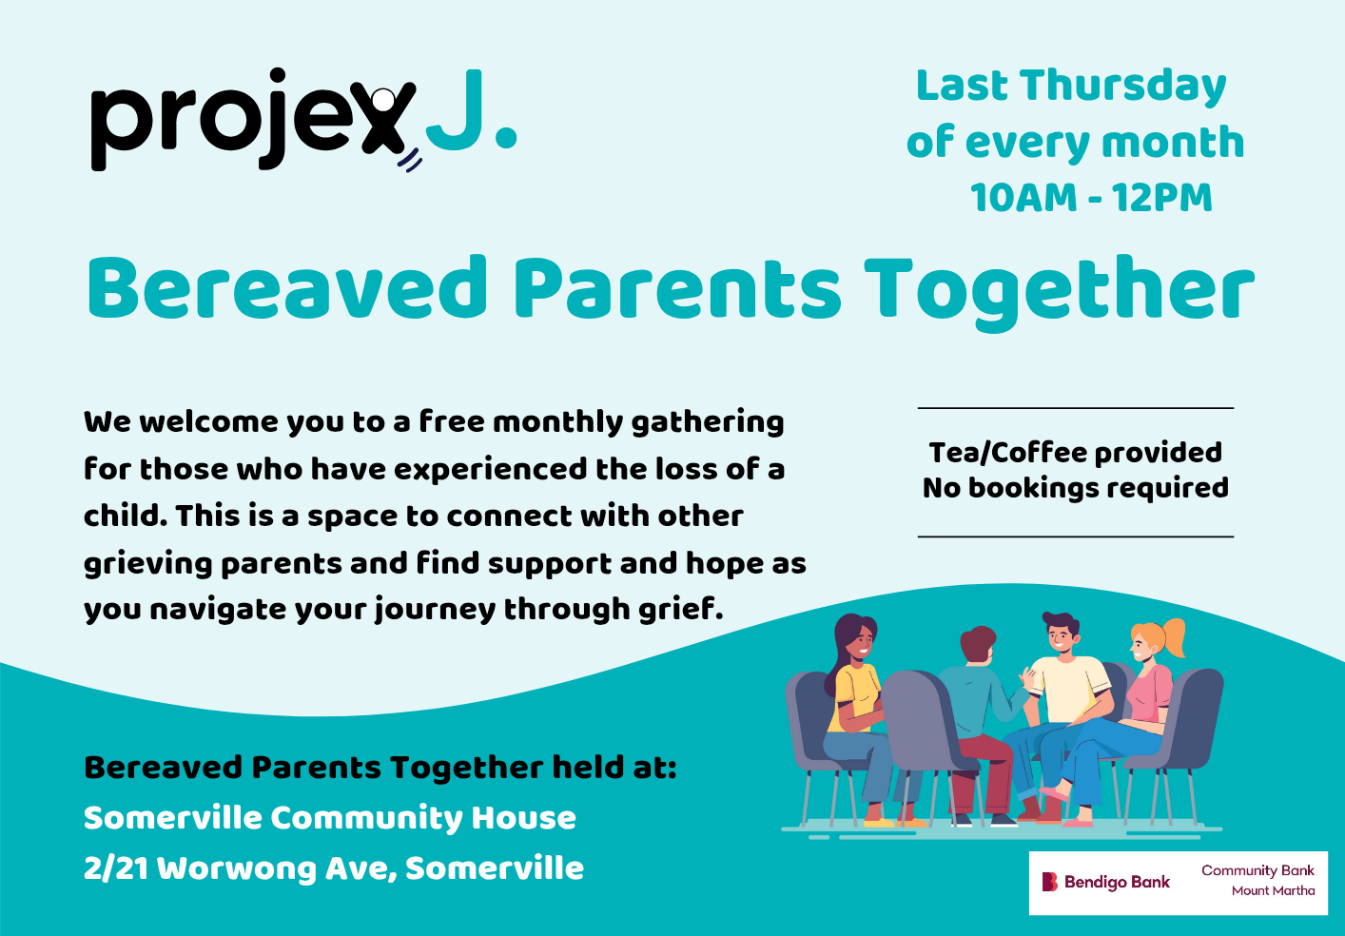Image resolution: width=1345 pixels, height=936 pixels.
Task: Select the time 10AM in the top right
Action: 1023,198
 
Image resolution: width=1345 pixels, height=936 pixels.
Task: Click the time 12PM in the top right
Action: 1161,198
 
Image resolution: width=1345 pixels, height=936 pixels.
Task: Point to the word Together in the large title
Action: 1060,292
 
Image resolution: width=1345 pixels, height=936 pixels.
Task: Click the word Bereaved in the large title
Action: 287,287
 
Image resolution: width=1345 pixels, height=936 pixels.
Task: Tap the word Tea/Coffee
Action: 1011,453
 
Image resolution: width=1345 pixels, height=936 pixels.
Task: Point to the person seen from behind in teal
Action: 976,720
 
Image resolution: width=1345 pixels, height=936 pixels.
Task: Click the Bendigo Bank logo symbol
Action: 1049,882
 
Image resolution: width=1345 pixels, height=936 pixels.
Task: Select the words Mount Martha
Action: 1273,891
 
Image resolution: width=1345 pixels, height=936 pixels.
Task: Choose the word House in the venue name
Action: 523,818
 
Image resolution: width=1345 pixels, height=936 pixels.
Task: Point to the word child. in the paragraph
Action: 126,516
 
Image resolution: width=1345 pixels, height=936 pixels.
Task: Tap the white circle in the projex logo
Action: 383,98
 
